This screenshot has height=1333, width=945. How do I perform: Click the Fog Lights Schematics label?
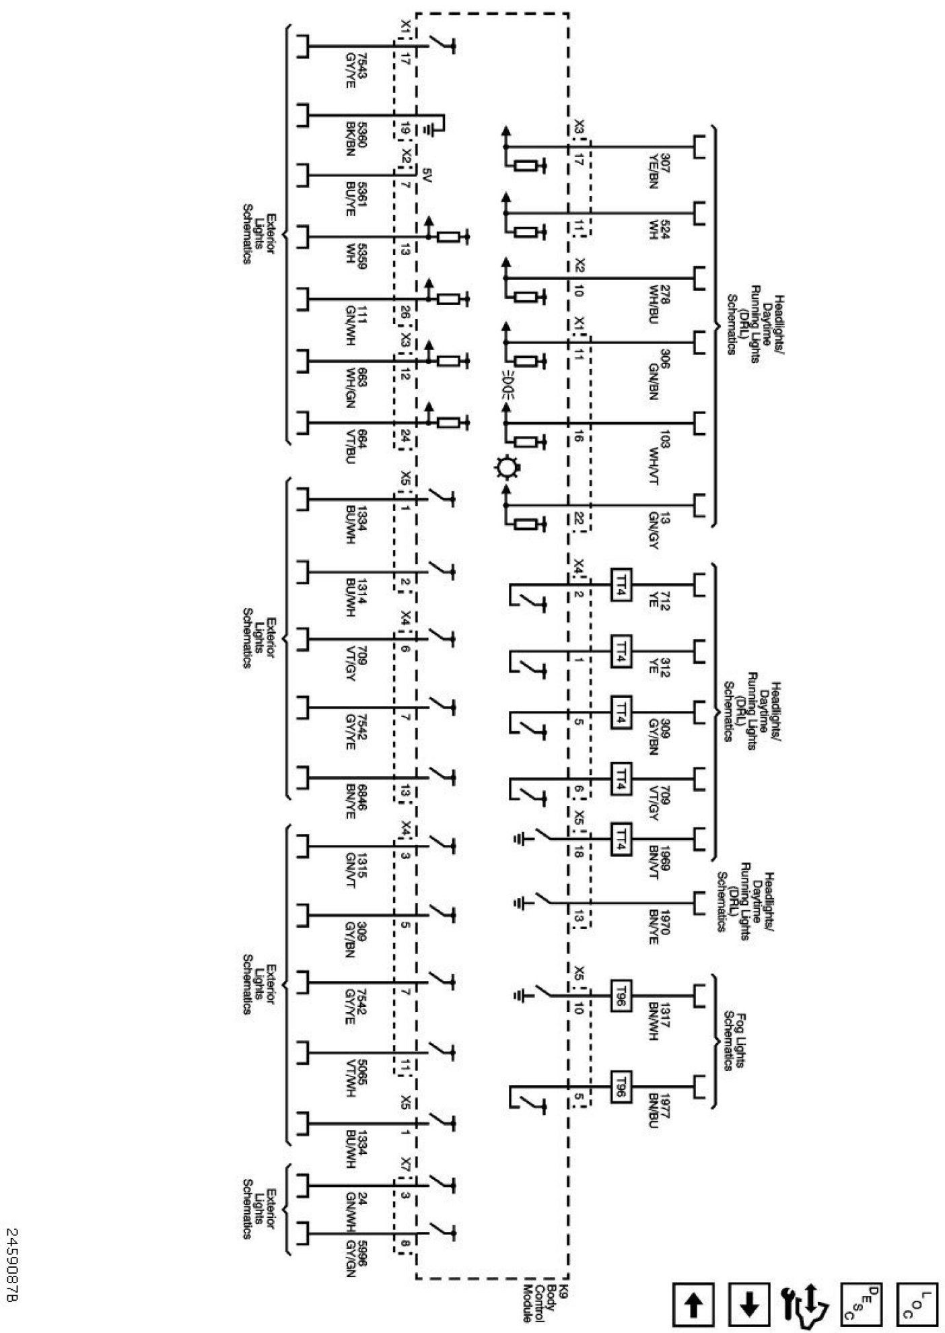point(735,1040)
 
